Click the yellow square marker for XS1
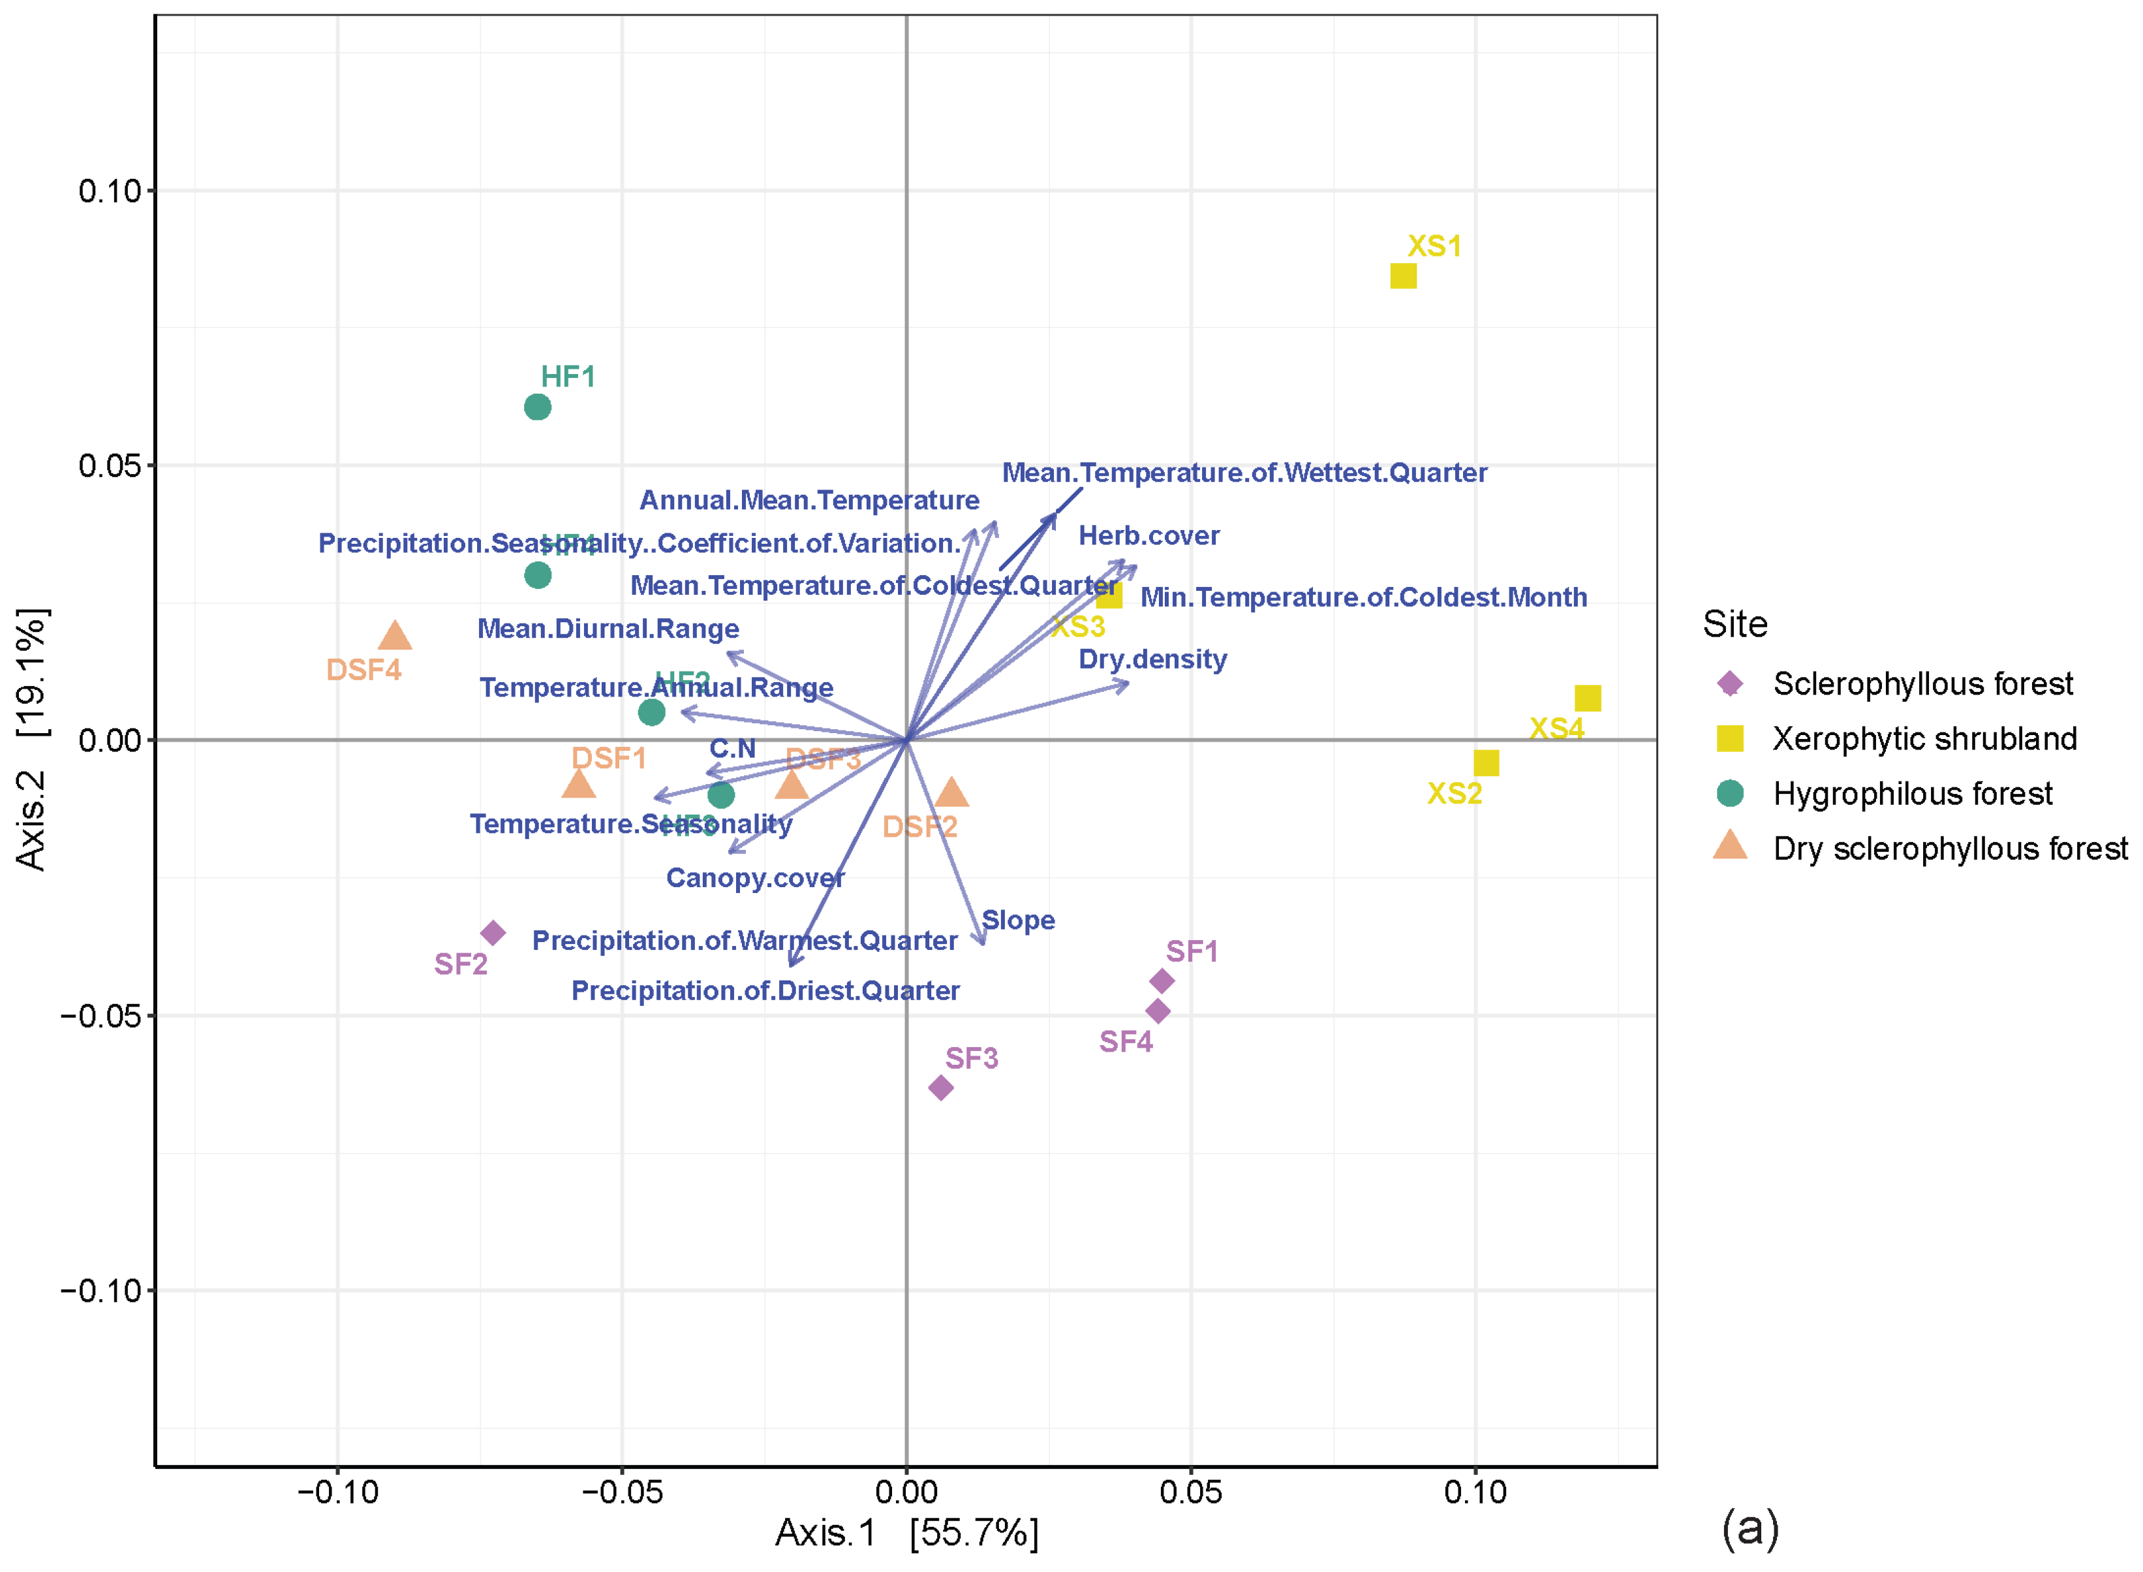coord(1402,276)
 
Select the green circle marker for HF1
coord(538,407)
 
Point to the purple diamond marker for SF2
coord(493,932)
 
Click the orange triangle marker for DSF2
coord(951,793)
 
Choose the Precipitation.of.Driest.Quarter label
coord(765,990)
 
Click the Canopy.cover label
coord(754,877)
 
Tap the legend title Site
coord(1734,624)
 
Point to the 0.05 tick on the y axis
coord(110,466)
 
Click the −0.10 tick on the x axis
coord(337,1492)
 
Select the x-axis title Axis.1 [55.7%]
coord(906,1533)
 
